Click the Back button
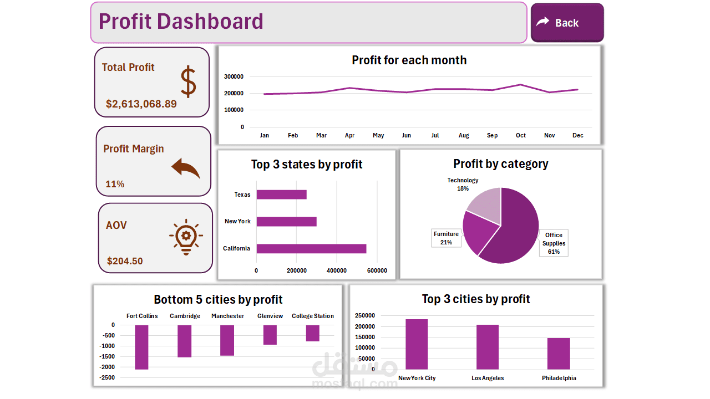click(567, 23)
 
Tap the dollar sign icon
click(189, 82)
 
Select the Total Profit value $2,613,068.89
click(141, 104)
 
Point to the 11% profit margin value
click(115, 184)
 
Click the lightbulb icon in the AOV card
click(186, 237)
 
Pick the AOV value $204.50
click(125, 261)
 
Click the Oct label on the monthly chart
click(520, 136)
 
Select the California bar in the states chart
click(311, 248)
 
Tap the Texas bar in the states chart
click(281, 195)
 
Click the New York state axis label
click(237, 221)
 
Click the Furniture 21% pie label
click(446, 238)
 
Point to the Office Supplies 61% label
click(554, 243)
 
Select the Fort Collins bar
click(141, 347)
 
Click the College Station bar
click(313, 333)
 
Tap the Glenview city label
click(270, 316)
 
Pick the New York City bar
click(417, 344)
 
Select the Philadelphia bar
click(559, 354)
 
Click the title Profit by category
click(500, 164)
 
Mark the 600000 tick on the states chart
click(377, 270)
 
